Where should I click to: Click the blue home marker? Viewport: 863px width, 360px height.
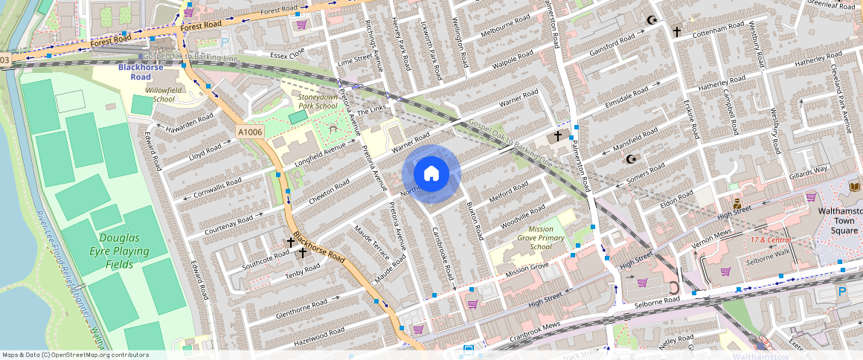pos(431,174)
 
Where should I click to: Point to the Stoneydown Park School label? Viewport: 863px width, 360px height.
pos(317,101)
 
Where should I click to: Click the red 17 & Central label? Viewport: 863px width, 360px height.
pos(770,240)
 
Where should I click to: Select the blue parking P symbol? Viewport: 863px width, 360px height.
pos(842,292)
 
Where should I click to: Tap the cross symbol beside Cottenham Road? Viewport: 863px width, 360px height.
pos(676,32)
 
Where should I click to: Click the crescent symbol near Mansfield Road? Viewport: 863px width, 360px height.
pos(632,158)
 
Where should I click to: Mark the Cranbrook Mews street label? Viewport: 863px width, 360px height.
pos(535,333)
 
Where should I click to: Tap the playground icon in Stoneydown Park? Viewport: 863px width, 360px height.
pos(333,130)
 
